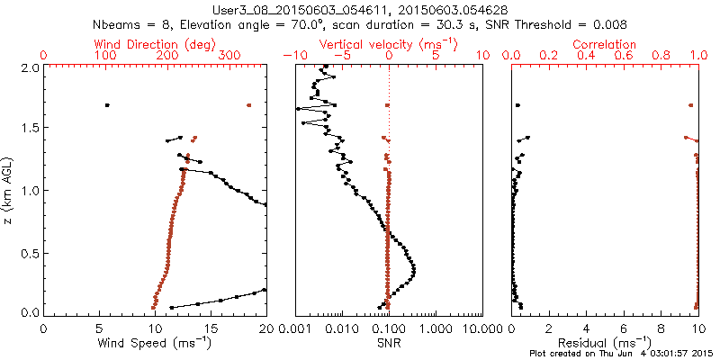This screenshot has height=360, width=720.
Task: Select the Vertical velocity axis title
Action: tap(389, 44)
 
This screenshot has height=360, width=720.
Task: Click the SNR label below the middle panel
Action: tap(389, 343)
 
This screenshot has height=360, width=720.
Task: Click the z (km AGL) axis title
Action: tap(9, 189)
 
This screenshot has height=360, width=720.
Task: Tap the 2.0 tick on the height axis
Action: tap(30, 67)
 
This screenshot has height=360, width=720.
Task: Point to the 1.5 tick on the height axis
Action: tap(30, 129)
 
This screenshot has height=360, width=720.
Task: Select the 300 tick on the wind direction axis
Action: tap(229, 56)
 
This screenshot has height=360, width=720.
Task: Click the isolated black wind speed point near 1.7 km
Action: tap(107, 105)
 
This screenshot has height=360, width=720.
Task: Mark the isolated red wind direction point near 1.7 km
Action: tap(249, 105)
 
